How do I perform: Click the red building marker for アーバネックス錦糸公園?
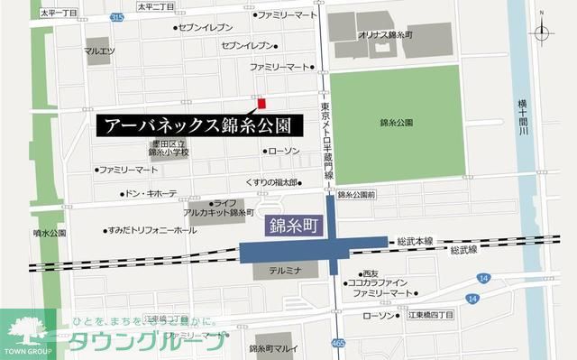pyautogui.click(x=262, y=103)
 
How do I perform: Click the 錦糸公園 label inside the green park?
pyautogui.click(x=397, y=122)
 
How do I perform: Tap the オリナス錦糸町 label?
pyautogui.click(x=389, y=33)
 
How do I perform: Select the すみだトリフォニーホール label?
pyautogui.click(x=151, y=231)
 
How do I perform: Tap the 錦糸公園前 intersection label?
pyautogui.click(x=356, y=195)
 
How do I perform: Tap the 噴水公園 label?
pyautogui.click(x=48, y=232)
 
